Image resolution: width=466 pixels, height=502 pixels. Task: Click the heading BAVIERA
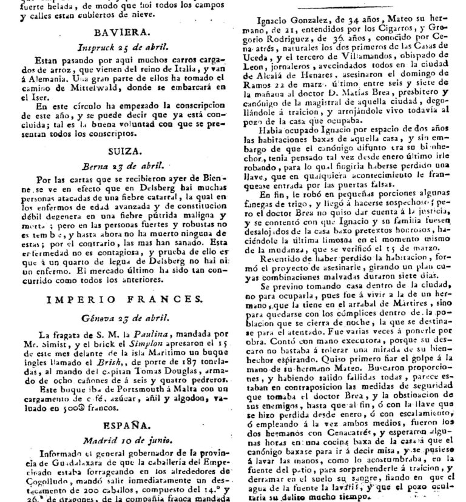click(x=120, y=34)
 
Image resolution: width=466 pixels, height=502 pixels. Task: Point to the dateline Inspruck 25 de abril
click(x=120, y=47)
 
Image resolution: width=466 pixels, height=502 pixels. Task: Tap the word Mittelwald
click(x=81, y=86)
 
